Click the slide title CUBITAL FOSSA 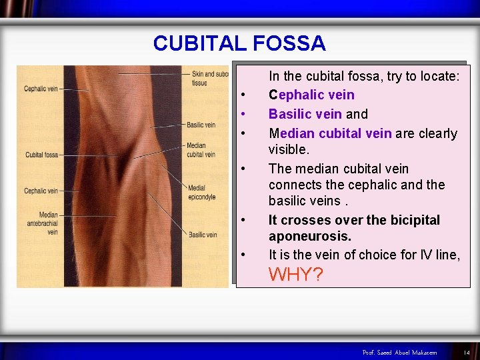tap(239, 43)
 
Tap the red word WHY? tap(295, 274)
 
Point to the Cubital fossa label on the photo tap(42, 155)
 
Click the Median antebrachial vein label tap(48, 223)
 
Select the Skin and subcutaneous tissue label tap(201, 78)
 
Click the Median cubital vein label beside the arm tap(201, 150)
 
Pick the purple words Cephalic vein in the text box tap(311, 95)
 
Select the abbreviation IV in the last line tap(407, 254)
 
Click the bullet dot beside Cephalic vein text tap(245, 95)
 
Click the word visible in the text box tap(289, 149)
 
